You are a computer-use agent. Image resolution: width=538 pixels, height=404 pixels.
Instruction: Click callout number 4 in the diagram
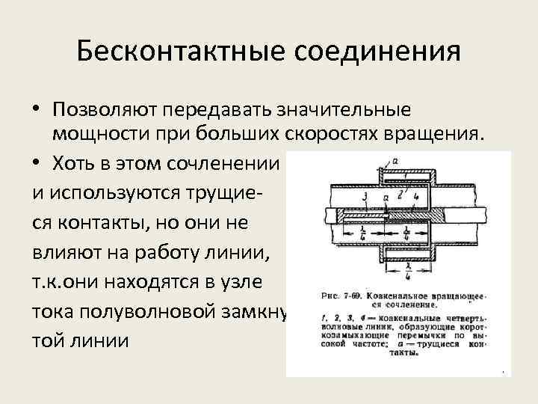(415, 197)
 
